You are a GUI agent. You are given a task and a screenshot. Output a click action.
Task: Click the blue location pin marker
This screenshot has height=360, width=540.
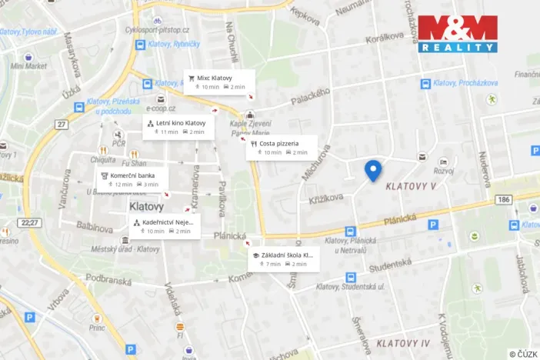point(373,170)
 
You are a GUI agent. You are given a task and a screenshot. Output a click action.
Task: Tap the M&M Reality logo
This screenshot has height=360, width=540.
point(457,33)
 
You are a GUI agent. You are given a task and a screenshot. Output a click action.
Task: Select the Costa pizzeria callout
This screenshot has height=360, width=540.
point(282,147)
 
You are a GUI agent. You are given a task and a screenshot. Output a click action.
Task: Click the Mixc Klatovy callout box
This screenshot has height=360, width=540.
point(220,82)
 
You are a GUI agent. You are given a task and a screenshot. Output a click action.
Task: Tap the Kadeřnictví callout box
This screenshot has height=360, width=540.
point(165,226)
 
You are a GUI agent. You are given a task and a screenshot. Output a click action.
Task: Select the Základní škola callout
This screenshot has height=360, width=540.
point(282,259)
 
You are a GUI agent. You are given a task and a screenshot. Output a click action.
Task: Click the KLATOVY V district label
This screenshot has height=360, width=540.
point(411,186)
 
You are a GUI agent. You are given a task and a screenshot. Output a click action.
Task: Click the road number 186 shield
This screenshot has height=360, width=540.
point(503,199)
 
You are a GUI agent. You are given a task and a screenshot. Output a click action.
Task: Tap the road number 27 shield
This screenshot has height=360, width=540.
point(62,124)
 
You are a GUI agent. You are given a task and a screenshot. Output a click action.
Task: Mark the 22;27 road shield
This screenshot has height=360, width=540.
point(30,222)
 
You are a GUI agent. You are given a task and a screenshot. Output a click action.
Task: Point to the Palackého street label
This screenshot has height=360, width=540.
point(311,97)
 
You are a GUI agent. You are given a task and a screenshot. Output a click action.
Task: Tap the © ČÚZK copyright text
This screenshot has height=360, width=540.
point(522,353)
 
